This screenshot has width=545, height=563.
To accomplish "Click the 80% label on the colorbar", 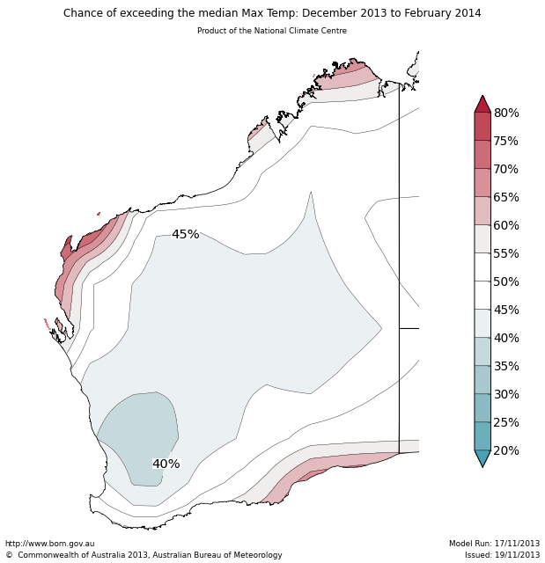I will (506, 113).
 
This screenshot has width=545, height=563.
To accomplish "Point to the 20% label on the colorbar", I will (506, 450).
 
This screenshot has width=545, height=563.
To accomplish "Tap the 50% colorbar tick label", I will (506, 281).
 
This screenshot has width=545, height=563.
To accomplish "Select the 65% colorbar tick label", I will (506, 197).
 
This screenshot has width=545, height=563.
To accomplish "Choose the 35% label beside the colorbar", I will (506, 366).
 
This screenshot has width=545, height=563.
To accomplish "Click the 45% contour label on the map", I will (185, 235).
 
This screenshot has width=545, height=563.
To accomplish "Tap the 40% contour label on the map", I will (166, 464).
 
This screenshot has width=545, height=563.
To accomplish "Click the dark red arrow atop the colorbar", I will (482, 105).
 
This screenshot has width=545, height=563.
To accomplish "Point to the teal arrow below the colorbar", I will (482, 457).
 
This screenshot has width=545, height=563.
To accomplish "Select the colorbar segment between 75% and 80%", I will (482, 127).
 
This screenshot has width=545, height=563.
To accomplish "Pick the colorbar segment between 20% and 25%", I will (482, 436).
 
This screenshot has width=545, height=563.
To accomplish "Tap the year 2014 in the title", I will (467, 13).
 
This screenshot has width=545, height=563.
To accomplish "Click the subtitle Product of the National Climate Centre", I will (272, 31).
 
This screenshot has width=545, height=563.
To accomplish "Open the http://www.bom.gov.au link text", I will (49, 544).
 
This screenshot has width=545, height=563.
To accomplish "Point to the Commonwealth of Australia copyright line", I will (144, 555).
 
